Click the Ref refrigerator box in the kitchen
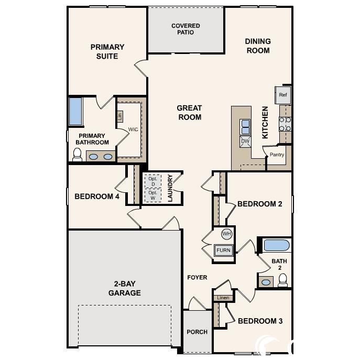click(x=283, y=95)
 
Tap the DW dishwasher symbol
click(x=245, y=141)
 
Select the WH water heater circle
click(x=226, y=234)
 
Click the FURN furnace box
click(x=223, y=250)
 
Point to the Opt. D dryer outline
click(x=153, y=181)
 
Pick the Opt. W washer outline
click(x=153, y=195)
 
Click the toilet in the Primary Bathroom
click(x=78, y=155)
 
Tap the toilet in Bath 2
click(x=283, y=280)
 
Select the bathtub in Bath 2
click(x=277, y=245)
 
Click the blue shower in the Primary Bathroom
click(x=75, y=112)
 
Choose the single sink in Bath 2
click(x=266, y=282)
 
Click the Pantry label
click(x=277, y=155)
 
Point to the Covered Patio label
click(x=186, y=29)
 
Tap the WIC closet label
click(x=133, y=129)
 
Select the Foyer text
click(x=197, y=277)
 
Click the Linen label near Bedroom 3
click(x=223, y=298)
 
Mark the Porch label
click(x=197, y=332)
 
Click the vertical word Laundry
click(x=170, y=188)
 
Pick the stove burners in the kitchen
click(x=285, y=124)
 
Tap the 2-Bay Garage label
click(x=125, y=288)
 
